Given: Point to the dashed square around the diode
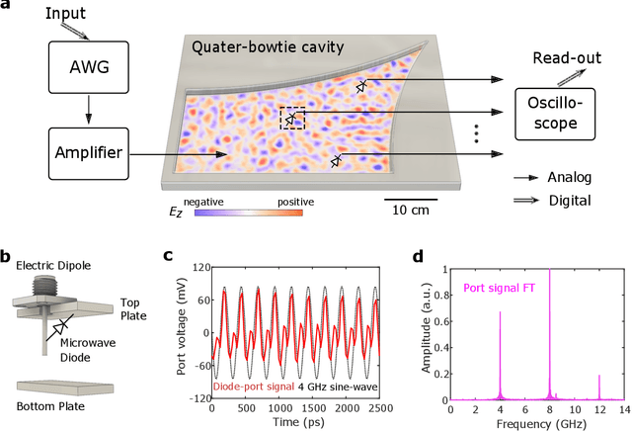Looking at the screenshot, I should click(292, 119).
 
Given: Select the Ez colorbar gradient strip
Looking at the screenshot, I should click(247, 212).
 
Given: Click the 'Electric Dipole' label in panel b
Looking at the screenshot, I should click(53, 265).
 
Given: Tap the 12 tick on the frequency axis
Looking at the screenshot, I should click(598, 407).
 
